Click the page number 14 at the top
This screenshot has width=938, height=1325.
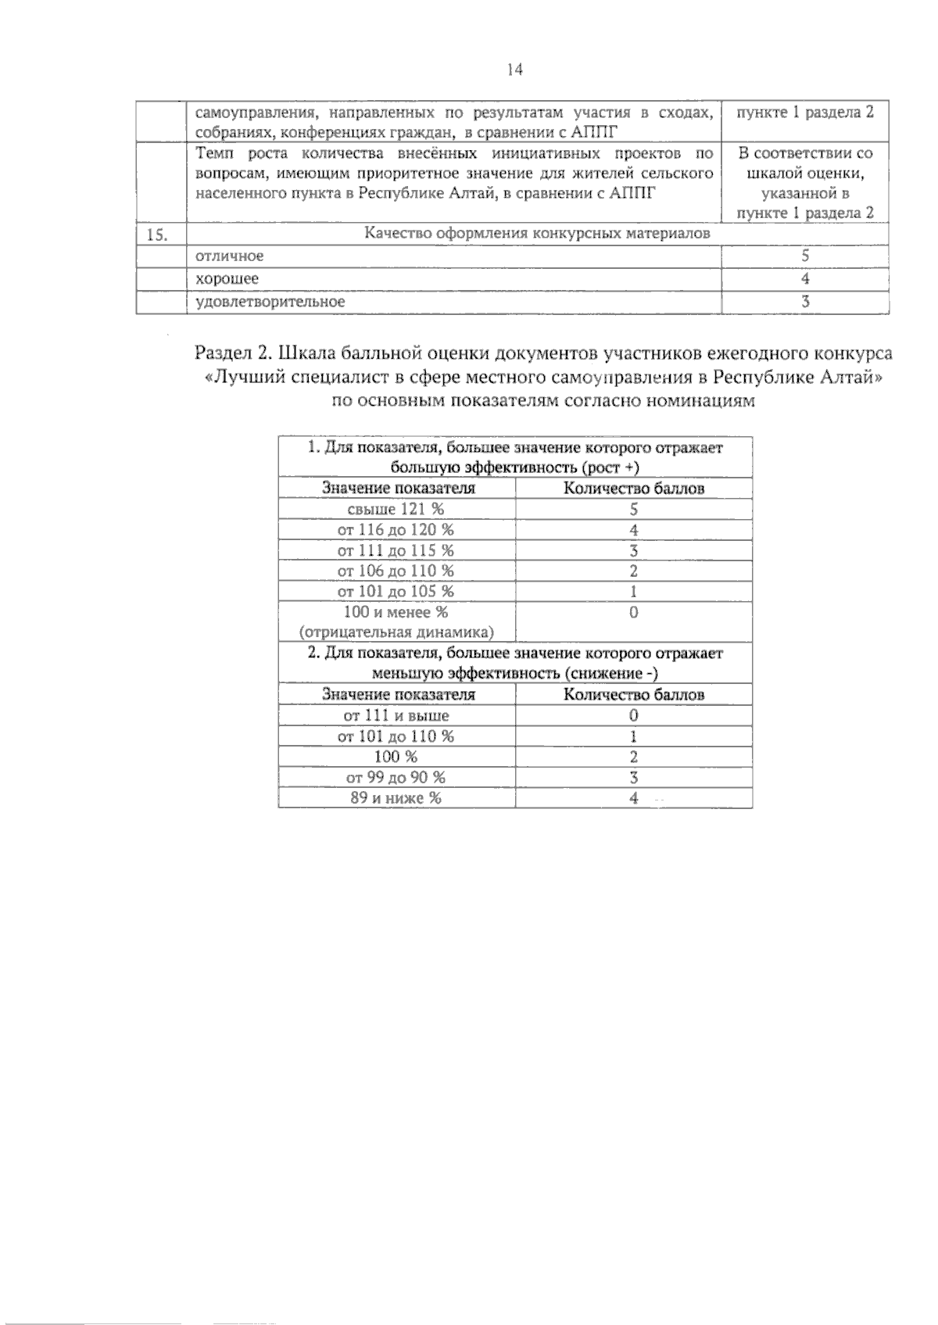click(514, 70)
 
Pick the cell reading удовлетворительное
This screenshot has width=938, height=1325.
click(270, 301)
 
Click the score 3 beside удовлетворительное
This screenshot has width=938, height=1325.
click(805, 302)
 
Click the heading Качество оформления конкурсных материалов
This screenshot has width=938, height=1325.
click(539, 234)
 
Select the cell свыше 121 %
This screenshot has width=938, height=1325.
click(396, 509)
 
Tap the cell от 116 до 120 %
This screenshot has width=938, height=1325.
click(396, 530)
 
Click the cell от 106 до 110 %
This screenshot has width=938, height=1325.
click(396, 571)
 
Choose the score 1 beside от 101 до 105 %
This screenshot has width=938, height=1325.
click(634, 592)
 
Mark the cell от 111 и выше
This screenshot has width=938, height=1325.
click(396, 715)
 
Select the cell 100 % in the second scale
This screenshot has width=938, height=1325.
click(396, 757)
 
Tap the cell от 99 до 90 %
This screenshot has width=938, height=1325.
click(396, 777)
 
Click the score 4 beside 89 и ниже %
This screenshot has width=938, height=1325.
click(634, 798)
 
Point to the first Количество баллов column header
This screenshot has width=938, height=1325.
click(634, 489)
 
